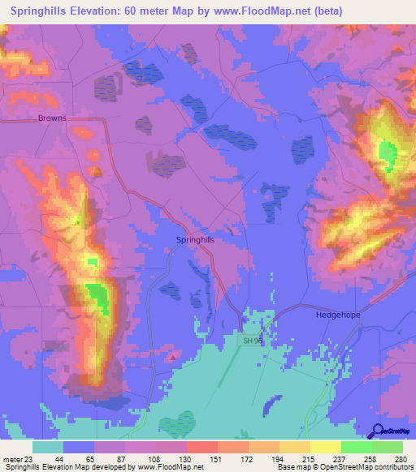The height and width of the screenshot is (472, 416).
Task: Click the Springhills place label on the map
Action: [x=195, y=240]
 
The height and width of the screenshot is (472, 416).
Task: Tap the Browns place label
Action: [x=52, y=118]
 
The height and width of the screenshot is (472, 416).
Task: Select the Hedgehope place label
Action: [x=337, y=313]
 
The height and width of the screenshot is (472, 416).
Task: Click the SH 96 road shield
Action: [x=253, y=341]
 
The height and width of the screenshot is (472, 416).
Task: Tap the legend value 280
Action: [x=401, y=460]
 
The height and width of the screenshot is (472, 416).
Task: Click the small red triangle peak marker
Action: [x=172, y=354]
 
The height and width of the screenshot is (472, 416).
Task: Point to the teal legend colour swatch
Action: [x=48, y=447]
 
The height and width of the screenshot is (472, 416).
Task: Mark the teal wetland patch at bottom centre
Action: [x=176, y=424]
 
